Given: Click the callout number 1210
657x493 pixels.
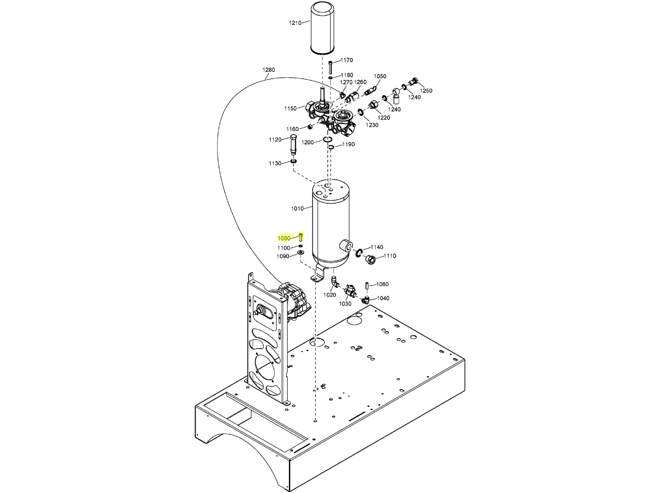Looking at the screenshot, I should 295,23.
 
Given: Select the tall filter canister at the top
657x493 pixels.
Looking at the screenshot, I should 324,28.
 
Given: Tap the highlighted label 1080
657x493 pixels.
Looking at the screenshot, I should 284,239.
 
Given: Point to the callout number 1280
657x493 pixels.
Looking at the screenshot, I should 268,70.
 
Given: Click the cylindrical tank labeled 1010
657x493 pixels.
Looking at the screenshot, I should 331,222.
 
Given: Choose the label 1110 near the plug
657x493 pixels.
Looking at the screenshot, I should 390,256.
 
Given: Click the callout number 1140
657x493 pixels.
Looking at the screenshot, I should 377,247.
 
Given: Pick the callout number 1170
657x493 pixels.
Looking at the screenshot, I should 346,60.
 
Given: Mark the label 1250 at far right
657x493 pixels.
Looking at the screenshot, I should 426,91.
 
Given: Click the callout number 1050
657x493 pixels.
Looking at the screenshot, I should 380,77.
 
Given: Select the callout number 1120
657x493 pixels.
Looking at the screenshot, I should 275,139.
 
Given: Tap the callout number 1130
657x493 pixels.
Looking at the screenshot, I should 275,163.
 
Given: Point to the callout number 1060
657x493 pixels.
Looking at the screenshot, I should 382,284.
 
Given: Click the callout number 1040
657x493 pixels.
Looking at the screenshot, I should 383,298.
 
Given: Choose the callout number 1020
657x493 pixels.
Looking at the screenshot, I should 329,295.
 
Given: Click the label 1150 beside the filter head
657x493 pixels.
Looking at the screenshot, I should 290,109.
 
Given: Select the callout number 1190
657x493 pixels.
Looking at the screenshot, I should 348,144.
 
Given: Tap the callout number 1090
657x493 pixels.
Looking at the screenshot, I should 283,256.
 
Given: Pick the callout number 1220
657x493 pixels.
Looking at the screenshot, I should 384,118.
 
